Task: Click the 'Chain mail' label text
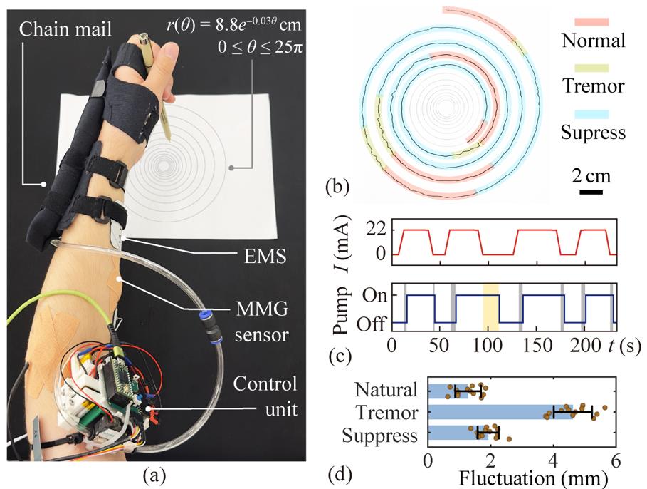[65, 30]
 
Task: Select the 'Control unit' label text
[265, 396]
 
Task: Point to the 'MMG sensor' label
[262, 321]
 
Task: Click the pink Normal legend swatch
[591, 22]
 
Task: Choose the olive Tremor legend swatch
[591, 68]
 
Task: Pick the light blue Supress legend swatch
[591, 114]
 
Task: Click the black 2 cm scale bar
[591, 192]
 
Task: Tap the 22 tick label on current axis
[376, 230]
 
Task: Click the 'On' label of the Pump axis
[374, 295]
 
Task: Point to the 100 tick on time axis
[488, 345]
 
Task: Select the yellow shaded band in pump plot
[490, 307]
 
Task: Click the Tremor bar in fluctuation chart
[500, 412]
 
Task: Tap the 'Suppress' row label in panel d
[380, 436]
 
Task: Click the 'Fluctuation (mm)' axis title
[533, 479]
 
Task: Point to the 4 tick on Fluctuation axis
[553, 460]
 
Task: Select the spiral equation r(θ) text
[233, 25]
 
